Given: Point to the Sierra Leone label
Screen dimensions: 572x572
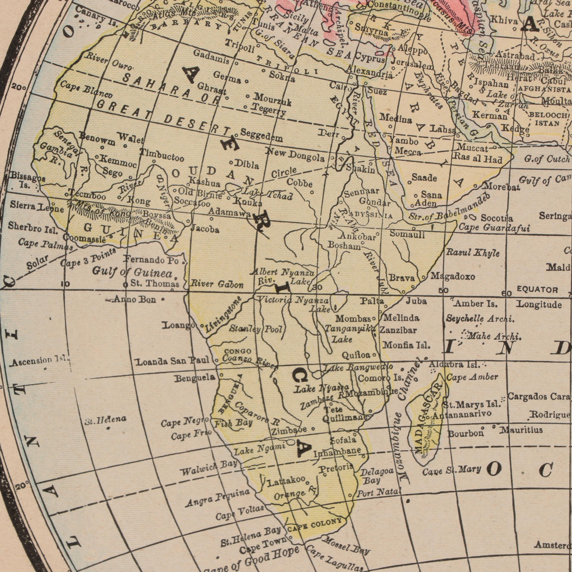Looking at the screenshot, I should click(37, 207).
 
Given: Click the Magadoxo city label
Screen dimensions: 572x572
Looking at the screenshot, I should click(453, 277).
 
